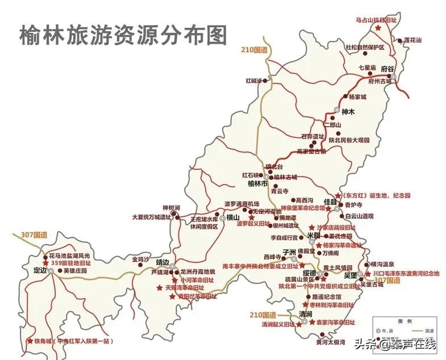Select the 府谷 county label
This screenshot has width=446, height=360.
click(387, 69)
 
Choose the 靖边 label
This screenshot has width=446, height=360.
click(163, 262)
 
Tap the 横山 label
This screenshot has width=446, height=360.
click(234, 217)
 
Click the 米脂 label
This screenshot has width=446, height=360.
click(314, 235)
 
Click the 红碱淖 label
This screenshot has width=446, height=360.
click(253, 81)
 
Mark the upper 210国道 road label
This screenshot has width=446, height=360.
click(254, 50)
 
